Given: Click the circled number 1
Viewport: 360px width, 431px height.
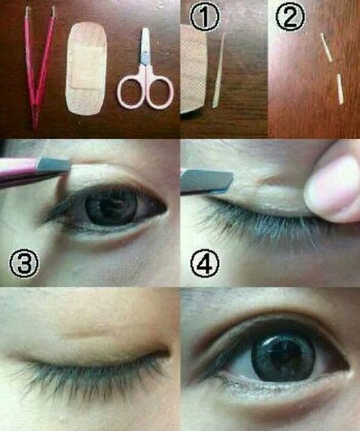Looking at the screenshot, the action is [x=205, y=16].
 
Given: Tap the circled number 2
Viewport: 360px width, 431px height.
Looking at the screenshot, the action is [x=290, y=16].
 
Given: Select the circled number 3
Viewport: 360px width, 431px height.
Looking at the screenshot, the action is [x=24, y=264].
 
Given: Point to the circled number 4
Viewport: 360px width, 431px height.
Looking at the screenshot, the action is [x=205, y=264].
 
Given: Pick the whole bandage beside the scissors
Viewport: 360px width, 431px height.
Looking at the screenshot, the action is [x=86, y=68].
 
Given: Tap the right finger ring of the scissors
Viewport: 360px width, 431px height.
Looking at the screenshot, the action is [x=160, y=92].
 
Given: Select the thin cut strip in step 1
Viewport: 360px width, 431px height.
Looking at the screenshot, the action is [x=219, y=70].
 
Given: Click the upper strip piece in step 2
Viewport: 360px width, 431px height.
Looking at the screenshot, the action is [x=327, y=47].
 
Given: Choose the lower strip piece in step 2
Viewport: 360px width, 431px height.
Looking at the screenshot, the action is [x=340, y=88].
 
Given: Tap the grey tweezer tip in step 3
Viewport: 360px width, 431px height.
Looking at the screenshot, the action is [x=53, y=165].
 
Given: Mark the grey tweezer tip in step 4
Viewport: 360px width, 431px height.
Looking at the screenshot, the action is [x=207, y=180].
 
